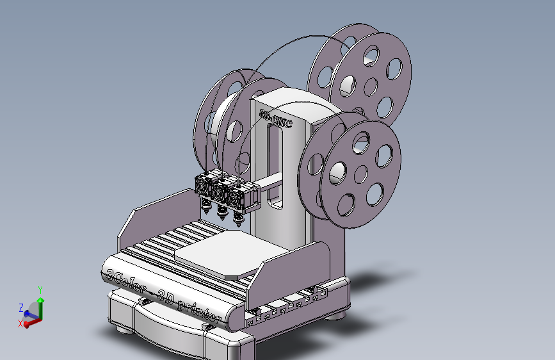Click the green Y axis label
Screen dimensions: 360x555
pyautogui.click(x=40, y=290)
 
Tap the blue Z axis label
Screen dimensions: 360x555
pyautogui.click(x=21, y=307)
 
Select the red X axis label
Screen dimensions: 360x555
pyautogui.click(x=21, y=324)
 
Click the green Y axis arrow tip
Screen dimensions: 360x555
pyautogui.click(x=40, y=299)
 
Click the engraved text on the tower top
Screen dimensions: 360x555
pyautogui.click(x=276, y=119)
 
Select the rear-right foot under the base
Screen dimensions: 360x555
pyautogui.click(x=335, y=315)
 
